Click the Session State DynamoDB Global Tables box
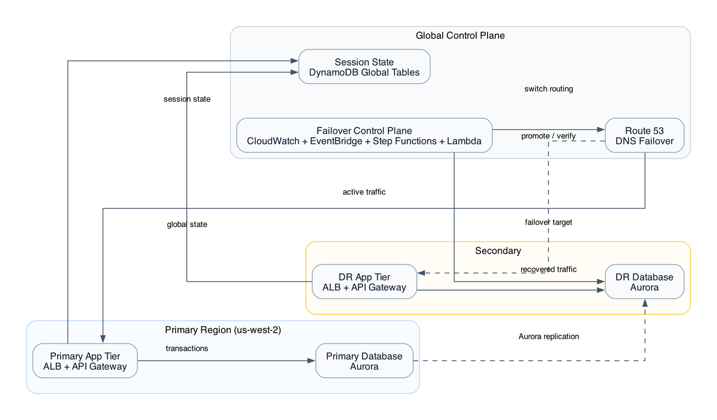(x=364, y=66)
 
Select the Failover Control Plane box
(x=364, y=136)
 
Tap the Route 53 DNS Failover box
(x=644, y=136)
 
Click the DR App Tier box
(x=364, y=282)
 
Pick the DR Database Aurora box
(x=644, y=282)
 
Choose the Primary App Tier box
(x=85, y=361)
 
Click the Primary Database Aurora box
(x=364, y=361)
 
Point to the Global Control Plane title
(x=460, y=36)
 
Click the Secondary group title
(x=498, y=251)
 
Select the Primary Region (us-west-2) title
(x=222, y=330)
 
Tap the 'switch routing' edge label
(x=548, y=89)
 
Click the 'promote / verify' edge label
(x=548, y=136)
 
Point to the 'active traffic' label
(x=364, y=192)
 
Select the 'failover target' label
(x=548, y=222)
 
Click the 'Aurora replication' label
(x=548, y=336)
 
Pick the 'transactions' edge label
(x=186, y=348)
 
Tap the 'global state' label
(x=186, y=224)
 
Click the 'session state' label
(x=186, y=99)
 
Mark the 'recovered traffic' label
(x=548, y=269)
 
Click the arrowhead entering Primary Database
(x=311, y=361)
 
